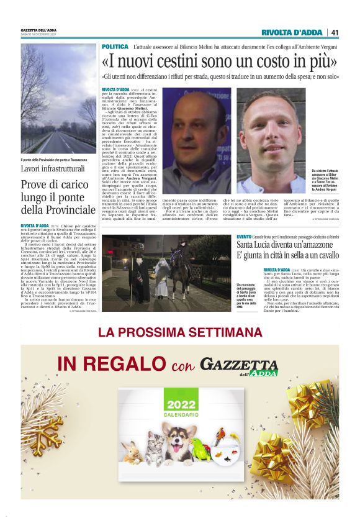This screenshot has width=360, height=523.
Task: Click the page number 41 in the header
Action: click(x=335, y=32)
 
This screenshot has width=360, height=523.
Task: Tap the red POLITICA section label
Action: click(x=115, y=47)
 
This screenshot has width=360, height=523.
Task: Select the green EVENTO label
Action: click(x=244, y=237)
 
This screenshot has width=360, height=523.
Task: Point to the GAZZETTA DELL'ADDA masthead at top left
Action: click(x=39, y=30)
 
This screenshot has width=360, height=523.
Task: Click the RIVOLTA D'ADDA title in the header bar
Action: click(x=291, y=32)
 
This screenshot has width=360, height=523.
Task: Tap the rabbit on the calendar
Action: click(x=132, y=453)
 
